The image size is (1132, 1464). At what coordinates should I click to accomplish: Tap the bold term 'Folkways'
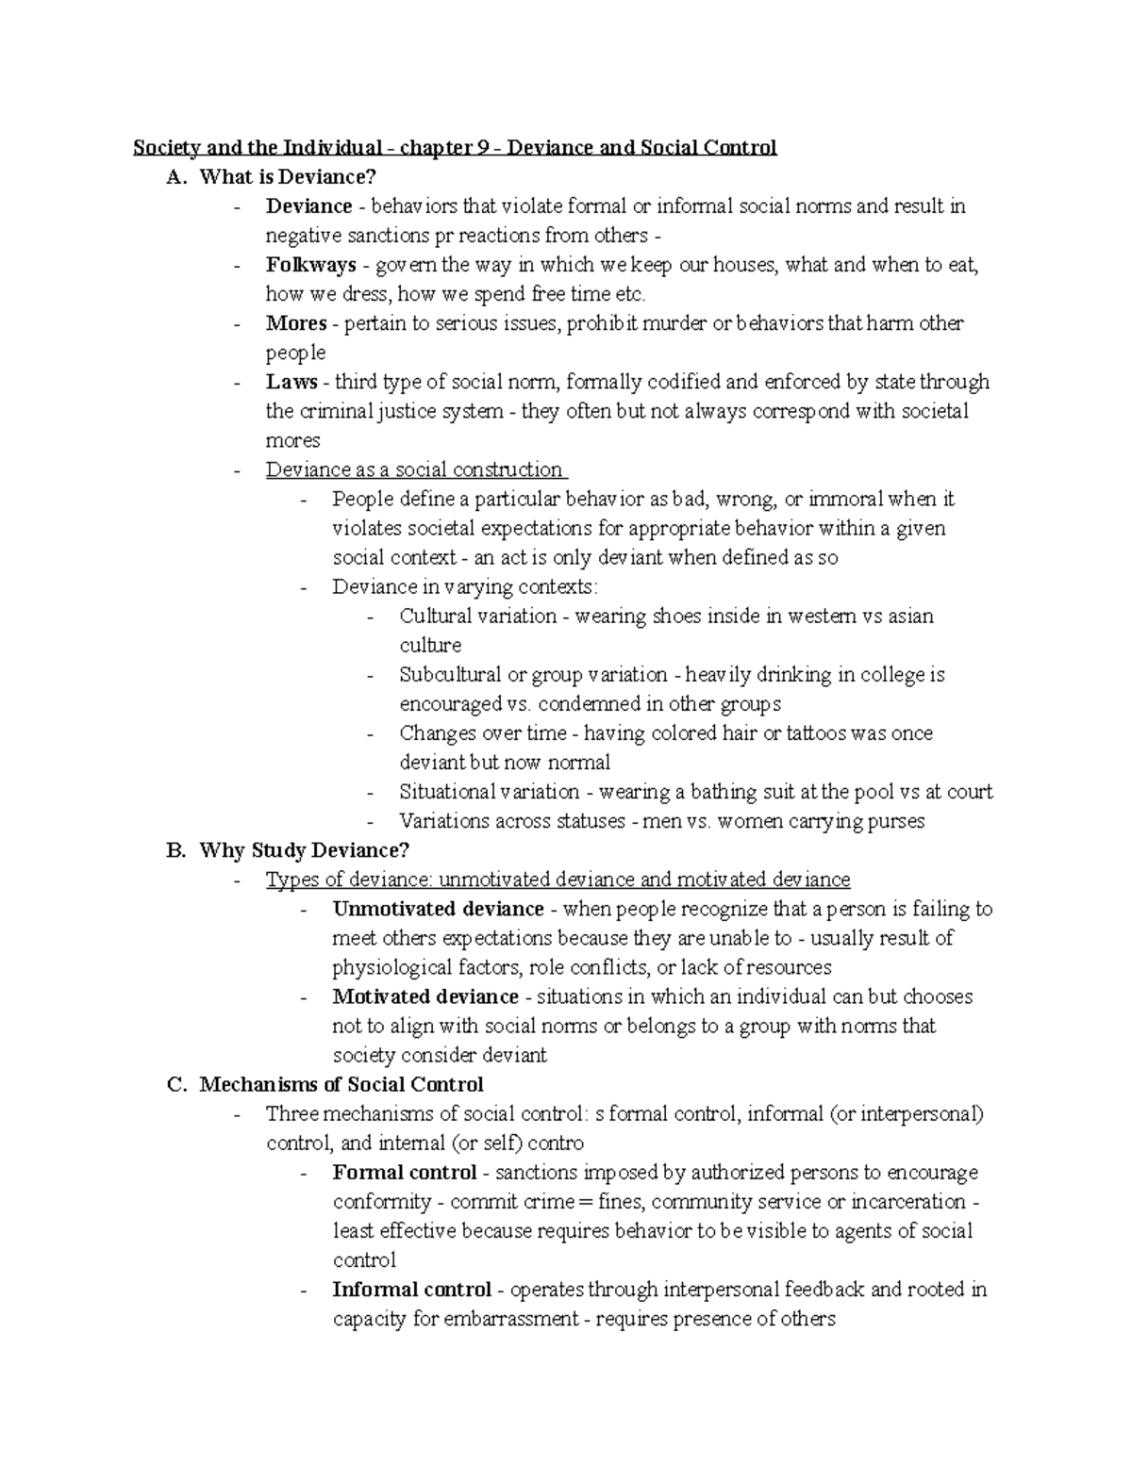point(310,265)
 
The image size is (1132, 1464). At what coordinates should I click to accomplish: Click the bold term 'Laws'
point(291,382)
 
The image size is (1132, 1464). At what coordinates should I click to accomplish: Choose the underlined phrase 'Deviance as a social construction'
point(414,469)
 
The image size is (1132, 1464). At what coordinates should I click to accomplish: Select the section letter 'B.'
point(176,850)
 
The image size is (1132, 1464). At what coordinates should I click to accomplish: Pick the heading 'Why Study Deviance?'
point(305,850)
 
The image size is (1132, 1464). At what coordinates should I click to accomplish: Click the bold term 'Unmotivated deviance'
point(438,909)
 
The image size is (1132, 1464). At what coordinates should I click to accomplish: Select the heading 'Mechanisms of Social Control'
point(341,1084)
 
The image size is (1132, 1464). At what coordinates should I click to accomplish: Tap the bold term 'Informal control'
point(411,1289)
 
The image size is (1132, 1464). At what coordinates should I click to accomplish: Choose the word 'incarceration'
point(907,1202)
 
